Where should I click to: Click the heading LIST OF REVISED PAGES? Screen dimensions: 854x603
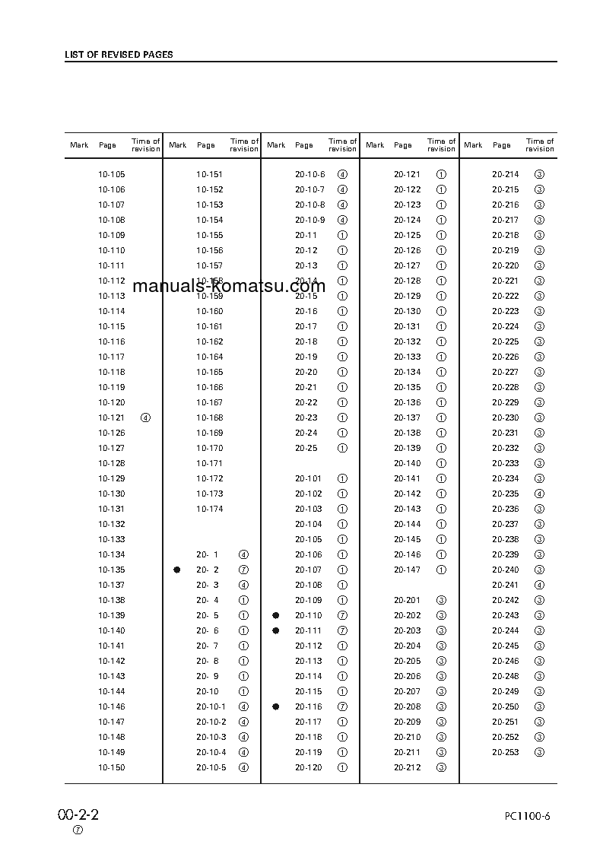pos(119,55)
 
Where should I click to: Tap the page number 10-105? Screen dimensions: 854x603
pos(112,174)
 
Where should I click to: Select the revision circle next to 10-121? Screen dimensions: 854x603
pos(146,417)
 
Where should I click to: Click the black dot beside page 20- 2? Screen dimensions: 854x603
pos(177,570)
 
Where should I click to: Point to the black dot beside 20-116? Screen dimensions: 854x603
pos(276,706)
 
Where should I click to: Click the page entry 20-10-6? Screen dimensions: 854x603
pos(309,174)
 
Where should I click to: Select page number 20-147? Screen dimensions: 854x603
pos(407,570)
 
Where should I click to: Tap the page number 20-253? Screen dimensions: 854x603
pos(505,752)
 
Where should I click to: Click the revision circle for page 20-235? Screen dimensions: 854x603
pos(539,494)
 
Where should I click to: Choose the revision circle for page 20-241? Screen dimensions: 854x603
pos(539,585)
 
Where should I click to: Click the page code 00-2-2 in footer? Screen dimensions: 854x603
pos(78,815)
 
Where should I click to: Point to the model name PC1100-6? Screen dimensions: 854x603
pos(527,817)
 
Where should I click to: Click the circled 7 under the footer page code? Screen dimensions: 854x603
pos(78,830)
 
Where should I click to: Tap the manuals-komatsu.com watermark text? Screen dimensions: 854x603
pos(229,287)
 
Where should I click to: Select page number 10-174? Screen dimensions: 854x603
pos(210,509)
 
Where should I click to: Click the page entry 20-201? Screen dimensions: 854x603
pos(407,600)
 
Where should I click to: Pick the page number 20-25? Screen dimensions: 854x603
pos(306,448)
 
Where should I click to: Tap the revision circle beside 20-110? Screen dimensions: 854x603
pos(342,615)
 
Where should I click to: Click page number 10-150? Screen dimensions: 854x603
pos(112,767)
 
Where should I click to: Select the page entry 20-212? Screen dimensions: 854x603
pos(407,767)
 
